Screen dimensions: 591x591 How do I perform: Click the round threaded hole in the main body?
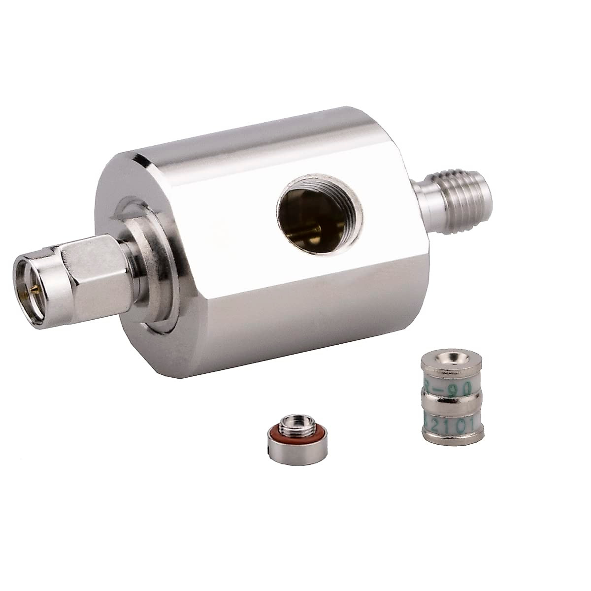320,214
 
